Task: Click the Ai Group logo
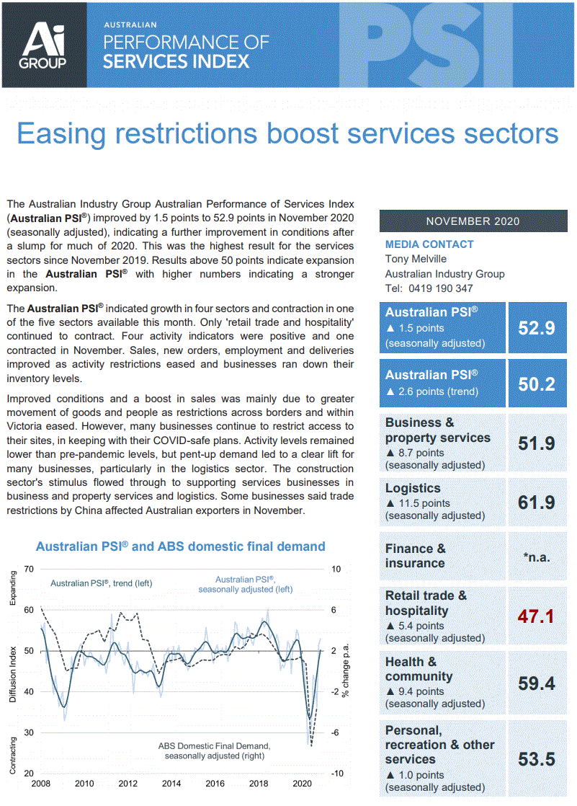tap(44, 45)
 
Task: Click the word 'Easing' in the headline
tap(68, 133)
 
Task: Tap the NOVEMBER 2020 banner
tap(473, 221)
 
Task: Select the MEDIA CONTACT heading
tap(429, 244)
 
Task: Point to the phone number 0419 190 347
tap(439, 288)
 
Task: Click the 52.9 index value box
tap(537, 328)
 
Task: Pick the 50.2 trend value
tap(537, 384)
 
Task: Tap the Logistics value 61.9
tap(537, 502)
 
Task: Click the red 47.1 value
tap(537, 616)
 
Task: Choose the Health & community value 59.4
tap(537, 683)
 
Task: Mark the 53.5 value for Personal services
tap(537, 758)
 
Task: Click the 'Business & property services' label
tap(437, 430)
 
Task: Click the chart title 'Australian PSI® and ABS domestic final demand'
tap(181, 546)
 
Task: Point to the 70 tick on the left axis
tap(29, 569)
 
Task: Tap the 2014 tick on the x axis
tap(171, 784)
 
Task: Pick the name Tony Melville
tap(416, 259)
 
